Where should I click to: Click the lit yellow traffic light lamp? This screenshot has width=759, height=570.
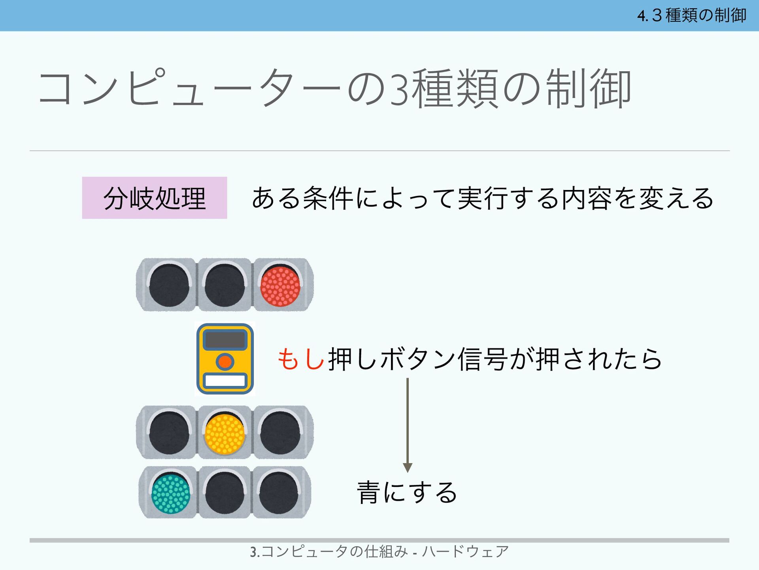pyautogui.click(x=225, y=434)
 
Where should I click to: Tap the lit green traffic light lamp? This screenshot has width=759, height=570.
pyautogui.click(x=171, y=494)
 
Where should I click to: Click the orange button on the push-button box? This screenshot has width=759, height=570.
pyautogui.click(x=225, y=361)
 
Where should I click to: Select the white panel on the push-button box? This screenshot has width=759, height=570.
pyautogui.click(x=225, y=381)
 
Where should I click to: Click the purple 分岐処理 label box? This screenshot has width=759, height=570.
pyautogui.click(x=155, y=198)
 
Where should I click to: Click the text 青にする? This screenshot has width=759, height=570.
pyautogui.click(x=407, y=493)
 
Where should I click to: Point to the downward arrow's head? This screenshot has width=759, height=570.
pyautogui.click(x=408, y=468)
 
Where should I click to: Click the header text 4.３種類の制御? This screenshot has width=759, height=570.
pyautogui.click(x=691, y=15)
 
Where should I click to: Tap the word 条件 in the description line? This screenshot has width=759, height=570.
pyautogui.click(x=328, y=198)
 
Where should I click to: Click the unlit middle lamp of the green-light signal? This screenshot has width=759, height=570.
pyautogui.click(x=225, y=493)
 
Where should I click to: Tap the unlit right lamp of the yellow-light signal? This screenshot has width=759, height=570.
pyautogui.click(x=280, y=433)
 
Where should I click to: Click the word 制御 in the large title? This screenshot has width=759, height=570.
pyautogui.click(x=588, y=89)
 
